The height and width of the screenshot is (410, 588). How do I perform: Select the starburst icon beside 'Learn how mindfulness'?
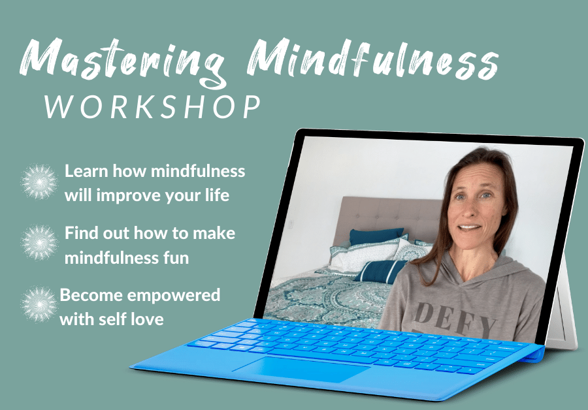(x=40, y=181)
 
